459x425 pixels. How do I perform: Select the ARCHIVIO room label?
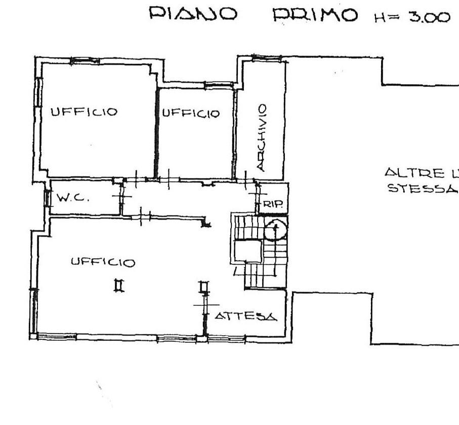pyautogui.click(x=261, y=137)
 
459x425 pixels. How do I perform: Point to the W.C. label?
pyautogui.click(x=73, y=198)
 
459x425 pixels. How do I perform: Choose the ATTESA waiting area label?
pyautogui.click(x=246, y=317)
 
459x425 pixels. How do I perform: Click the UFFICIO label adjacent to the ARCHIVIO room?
pyautogui.click(x=191, y=114)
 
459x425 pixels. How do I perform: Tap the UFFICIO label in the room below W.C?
pyautogui.click(x=103, y=262)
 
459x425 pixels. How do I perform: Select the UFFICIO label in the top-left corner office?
pyautogui.click(x=84, y=112)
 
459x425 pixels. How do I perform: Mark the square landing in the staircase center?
pyautogui.click(x=248, y=251)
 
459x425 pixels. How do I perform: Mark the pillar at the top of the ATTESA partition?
pyautogui.click(x=203, y=287)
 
